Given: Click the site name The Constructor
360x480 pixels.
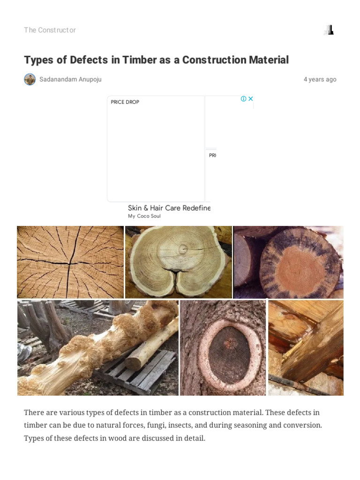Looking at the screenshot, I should (50, 30).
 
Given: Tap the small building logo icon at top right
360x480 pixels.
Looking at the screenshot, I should (329, 30).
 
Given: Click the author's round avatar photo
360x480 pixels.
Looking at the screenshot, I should (30, 79).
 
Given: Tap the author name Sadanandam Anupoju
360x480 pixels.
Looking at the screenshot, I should (70, 79).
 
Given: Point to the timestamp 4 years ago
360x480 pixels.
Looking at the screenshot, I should (320, 79).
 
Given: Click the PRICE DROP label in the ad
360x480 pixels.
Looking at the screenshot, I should (125, 102).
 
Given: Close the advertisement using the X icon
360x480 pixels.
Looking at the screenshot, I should (250, 99).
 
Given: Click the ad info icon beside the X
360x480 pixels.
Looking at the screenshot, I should (243, 99).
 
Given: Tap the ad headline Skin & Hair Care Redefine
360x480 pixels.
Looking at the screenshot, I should (169, 208).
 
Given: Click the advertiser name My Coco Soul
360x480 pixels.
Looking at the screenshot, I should (144, 216).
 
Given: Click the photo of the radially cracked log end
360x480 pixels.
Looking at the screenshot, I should (70, 262).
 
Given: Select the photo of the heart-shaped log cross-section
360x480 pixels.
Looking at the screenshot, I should (178, 262).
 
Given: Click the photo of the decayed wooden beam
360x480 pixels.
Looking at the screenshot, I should (306, 348).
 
